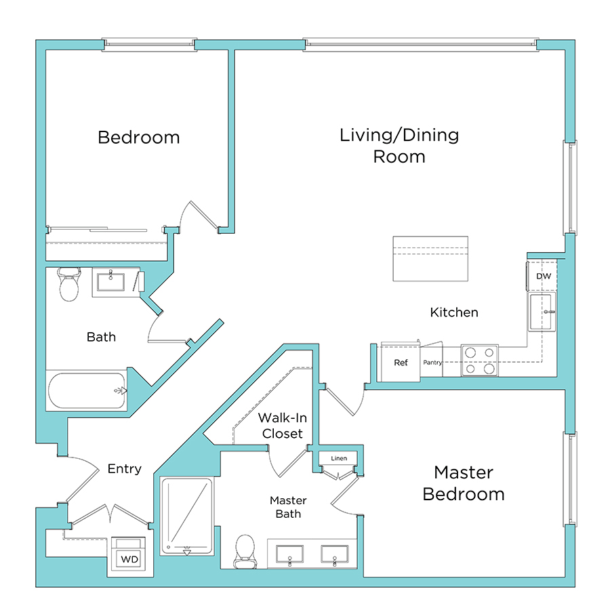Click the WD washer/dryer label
tap(129, 559)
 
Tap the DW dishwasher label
tap(543, 277)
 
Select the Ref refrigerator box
tap(401, 363)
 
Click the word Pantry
tap(432, 363)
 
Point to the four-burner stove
tap(479, 360)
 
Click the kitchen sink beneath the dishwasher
tap(543, 312)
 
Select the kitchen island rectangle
tap(430, 259)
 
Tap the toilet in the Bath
tap(69, 285)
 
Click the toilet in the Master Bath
tap(244, 550)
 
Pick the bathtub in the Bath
tap(87, 390)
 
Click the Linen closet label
tap(339, 459)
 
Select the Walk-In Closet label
tap(280, 426)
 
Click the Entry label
tap(125, 469)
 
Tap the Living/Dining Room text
tap(399, 145)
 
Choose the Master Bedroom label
tap(464, 483)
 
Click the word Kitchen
tap(454, 312)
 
